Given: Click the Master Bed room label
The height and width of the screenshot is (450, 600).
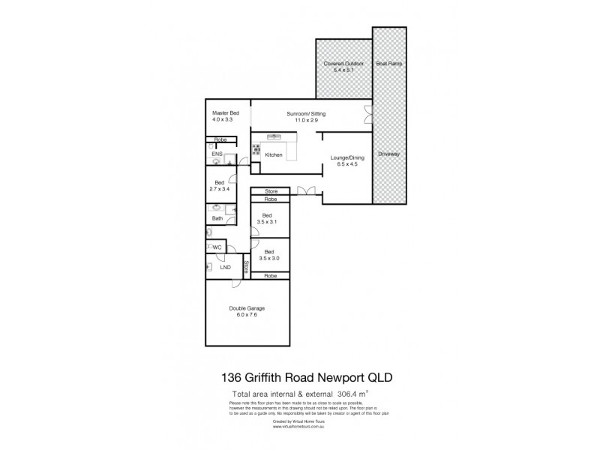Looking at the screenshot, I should point(224,112).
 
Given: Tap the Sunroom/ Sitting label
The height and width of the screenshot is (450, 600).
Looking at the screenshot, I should point(305,113).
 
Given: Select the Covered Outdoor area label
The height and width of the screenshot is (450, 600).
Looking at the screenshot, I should point(343,64).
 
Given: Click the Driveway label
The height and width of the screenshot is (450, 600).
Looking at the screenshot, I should point(389,154).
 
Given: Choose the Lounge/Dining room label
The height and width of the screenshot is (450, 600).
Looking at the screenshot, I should point(346,157).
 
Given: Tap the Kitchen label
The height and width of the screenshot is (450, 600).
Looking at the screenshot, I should point(274,154).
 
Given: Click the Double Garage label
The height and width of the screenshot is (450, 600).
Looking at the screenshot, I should point(247,307).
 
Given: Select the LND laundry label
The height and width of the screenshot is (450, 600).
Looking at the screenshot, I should point(225,267).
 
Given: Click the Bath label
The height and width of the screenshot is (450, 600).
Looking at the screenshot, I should point(217,218).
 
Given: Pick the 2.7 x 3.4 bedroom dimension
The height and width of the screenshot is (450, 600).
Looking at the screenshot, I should point(220,189).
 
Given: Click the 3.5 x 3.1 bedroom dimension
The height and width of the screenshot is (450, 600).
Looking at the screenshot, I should point(267,223).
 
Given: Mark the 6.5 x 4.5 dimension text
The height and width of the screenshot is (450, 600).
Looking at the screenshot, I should point(346,164).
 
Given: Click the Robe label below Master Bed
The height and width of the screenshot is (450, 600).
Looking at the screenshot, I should point(221,140).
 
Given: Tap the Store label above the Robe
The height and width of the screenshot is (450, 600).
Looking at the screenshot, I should point(271,192).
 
